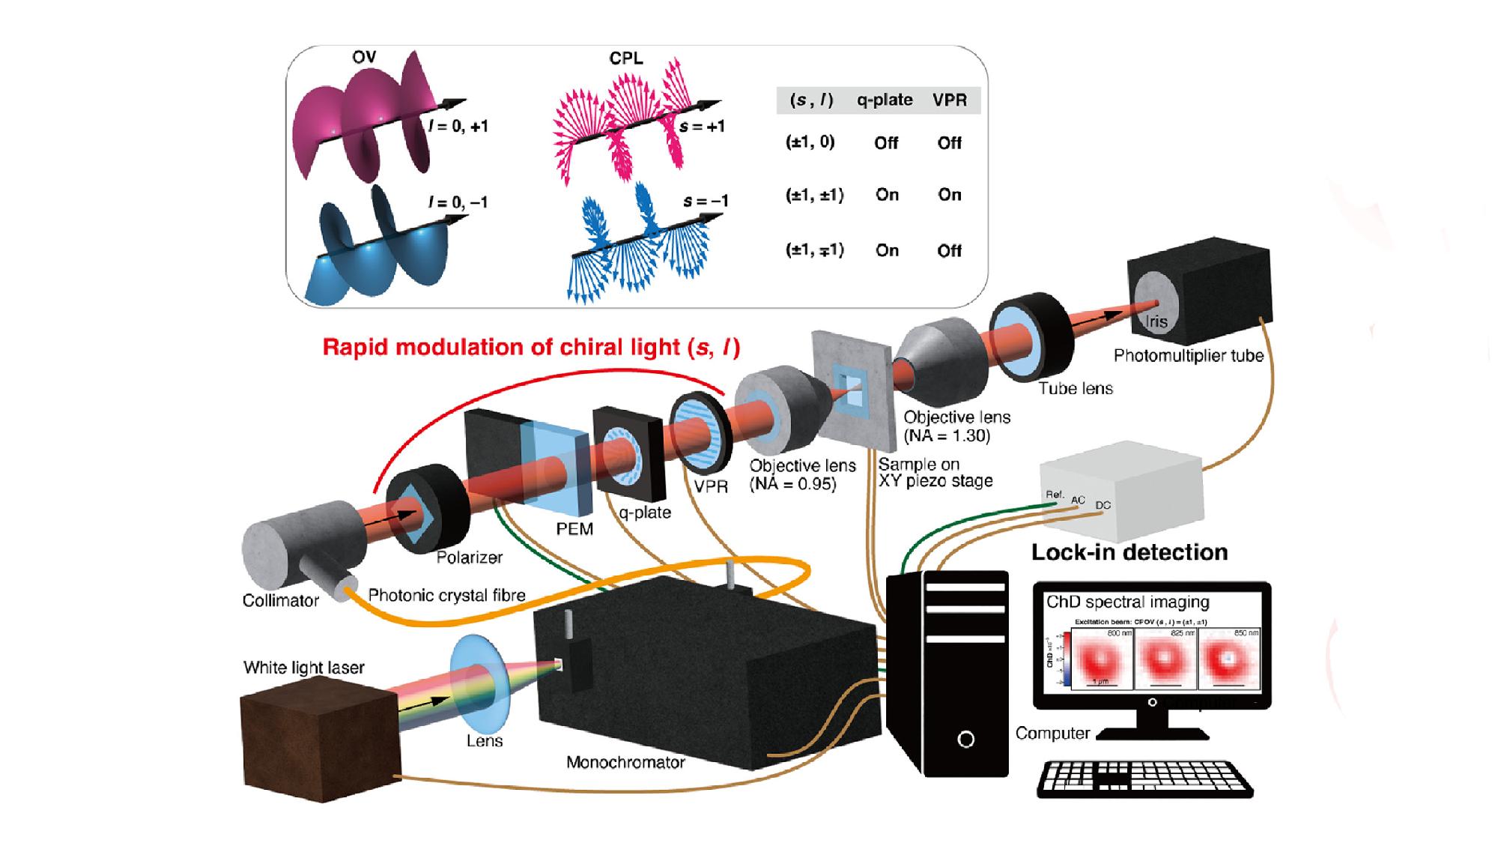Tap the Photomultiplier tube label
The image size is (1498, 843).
1188,356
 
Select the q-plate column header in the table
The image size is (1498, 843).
885,100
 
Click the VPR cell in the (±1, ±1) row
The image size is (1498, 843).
949,195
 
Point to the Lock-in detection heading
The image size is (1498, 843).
1129,552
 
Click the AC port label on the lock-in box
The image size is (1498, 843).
1078,501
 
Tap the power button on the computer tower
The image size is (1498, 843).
965,740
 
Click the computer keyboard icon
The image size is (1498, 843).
1144,779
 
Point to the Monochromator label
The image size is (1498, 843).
625,763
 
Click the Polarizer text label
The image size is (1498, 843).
470,558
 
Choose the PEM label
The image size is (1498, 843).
574,529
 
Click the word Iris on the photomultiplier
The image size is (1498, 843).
1156,321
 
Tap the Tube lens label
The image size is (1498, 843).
1075,388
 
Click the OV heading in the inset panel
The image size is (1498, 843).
364,57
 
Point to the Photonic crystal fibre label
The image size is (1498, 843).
446,596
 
